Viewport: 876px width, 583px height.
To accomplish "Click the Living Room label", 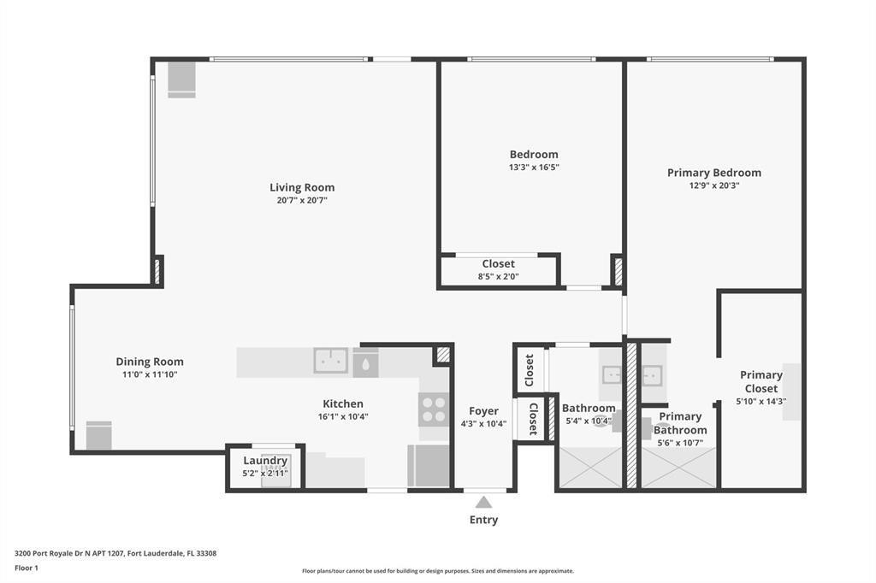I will [x=302, y=187].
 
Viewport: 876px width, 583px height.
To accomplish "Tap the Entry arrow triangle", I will [x=484, y=502].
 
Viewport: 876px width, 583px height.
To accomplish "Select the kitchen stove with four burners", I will [x=434, y=409].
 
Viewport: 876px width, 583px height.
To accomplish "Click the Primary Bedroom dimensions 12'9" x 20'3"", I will [x=713, y=185].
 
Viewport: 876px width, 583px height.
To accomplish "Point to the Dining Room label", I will [x=150, y=362].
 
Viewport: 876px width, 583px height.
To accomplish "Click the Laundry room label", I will [x=265, y=461].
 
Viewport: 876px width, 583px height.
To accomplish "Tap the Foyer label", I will [x=483, y=411].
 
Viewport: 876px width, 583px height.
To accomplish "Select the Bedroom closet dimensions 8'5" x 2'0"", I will [x=498, y=277].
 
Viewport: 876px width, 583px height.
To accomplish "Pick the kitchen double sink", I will [x=330, y=361].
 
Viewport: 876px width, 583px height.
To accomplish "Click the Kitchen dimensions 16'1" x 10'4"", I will [x=343, y=417].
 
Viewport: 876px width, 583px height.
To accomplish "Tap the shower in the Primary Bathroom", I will [x=678, y=468].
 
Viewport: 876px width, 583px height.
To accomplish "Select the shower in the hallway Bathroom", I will [x=590, y=468].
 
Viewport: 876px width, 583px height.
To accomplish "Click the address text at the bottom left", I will [x=115, y=553].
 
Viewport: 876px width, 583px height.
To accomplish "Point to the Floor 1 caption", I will [x=27, y=568].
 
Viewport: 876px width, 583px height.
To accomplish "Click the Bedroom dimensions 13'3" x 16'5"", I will [x=534, y=168].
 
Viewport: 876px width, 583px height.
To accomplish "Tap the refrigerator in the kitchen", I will [x=429, y=466].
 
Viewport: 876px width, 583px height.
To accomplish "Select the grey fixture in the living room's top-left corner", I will [x=181, y=79].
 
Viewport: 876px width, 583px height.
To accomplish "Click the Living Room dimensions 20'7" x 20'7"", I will [x=302, y=200].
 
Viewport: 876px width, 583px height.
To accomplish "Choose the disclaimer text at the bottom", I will [x=437, y=571].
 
